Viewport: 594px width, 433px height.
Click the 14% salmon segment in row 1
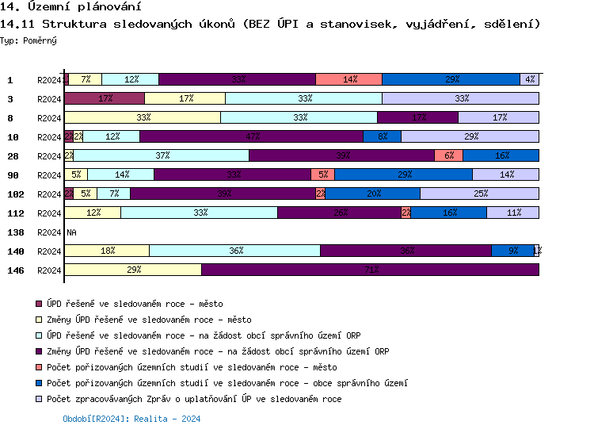348,79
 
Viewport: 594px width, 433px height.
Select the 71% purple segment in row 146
370,270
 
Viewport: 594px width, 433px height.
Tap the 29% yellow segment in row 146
133,270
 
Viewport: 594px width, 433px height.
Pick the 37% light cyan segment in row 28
162,155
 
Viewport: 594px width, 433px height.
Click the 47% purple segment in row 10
252,136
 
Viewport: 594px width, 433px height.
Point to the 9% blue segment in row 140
512,251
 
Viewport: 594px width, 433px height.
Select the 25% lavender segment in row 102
479,194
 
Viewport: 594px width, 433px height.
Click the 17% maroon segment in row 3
105,98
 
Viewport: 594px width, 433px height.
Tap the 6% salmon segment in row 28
448,155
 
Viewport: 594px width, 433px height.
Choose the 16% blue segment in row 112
449,213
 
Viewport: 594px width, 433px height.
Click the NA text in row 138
71,232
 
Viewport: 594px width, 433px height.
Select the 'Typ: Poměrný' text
29,40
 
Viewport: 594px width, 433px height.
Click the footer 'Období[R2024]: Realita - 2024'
131,419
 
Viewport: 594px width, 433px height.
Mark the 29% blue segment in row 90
403,174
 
